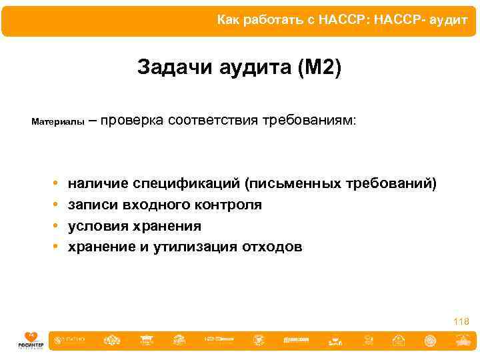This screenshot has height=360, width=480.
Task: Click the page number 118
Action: [x=461, y=321]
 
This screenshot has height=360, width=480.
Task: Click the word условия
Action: [x=96, y=226]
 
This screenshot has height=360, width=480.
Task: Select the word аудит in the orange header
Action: [x=448, y=20]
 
